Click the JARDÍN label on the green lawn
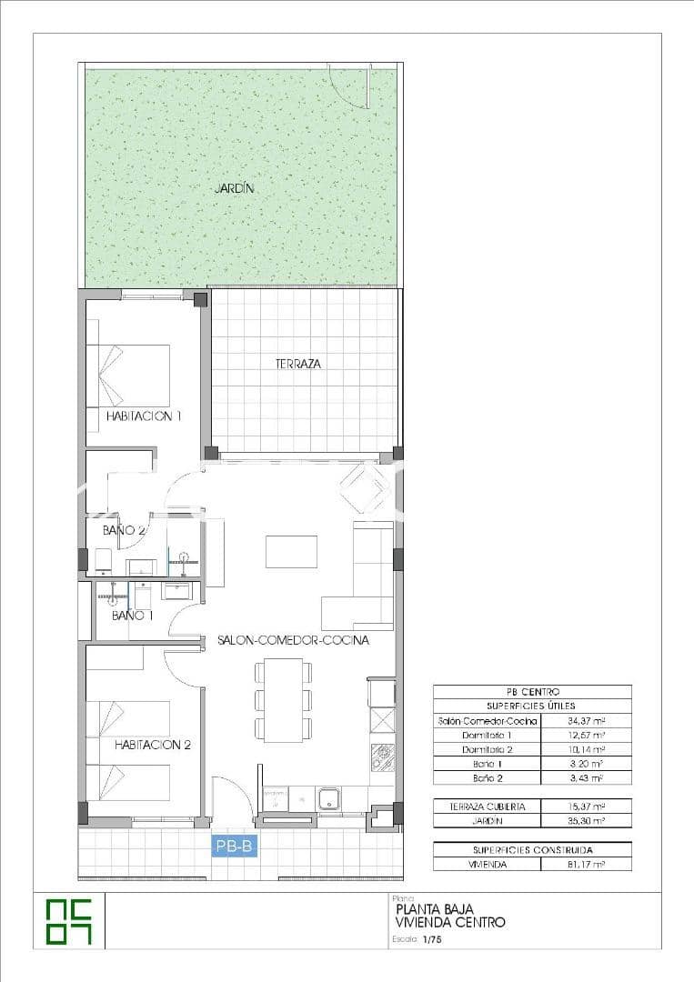(x=234, y=189)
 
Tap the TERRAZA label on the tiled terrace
(x=298, y=364)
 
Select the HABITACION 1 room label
(x=144, y=416)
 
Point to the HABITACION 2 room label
(x=152, y=745)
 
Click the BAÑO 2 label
(x=124, y=530)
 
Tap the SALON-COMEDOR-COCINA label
(x=293, y=640)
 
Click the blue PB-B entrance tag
(x=235, y=847)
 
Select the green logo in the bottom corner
(x=69, y=921)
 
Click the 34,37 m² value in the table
(x=586, y=720)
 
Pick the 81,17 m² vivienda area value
(x=586, y=865)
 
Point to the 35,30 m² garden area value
(x=586, y=820)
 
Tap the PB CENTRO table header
(x=532, y=692)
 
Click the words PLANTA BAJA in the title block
(x=434, y=908)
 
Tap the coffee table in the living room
(x=291, y=552)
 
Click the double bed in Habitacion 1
(x=128, y=375)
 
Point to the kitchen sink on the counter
(x=328, y=799)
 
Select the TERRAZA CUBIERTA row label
(x=488, y=807)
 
